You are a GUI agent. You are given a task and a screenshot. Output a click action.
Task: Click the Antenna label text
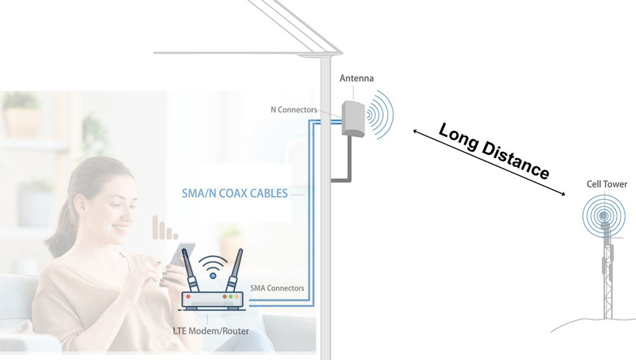coord(356,79)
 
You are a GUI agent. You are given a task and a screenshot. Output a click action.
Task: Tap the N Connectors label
coord(294,109)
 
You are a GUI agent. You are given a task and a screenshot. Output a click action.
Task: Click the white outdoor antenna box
coord(353,118)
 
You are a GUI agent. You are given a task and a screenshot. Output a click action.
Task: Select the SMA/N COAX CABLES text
coord(234,193)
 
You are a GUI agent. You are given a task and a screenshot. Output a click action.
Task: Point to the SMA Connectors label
coord(277,288)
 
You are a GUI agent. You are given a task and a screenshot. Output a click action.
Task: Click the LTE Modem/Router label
coord(211,331)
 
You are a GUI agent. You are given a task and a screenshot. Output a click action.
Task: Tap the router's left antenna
coord(190,270)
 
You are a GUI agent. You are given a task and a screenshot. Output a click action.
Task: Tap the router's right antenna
coord(235,270)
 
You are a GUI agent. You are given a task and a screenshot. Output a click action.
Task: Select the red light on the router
coord(188,296)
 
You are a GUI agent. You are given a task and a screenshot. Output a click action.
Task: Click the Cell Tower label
coord(607,184)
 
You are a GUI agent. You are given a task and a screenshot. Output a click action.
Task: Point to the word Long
coord(459,138)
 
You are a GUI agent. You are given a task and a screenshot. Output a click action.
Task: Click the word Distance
coord(515,161)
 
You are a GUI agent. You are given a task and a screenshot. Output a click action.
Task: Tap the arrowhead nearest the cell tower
coord(562,194)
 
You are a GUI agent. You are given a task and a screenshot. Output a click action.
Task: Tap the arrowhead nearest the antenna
coord(416,131)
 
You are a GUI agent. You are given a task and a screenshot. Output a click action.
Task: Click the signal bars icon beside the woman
coord(165,228)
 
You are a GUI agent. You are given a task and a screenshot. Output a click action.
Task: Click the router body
coord(212,300)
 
